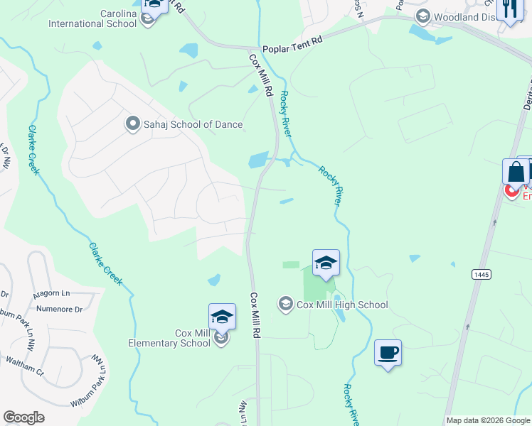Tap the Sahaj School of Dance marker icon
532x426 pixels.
(132, 124)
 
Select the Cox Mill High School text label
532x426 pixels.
(343, 305)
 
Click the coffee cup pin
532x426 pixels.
(388, 353)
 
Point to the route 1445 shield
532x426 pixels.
(480, 273)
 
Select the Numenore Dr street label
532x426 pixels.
(60, 309)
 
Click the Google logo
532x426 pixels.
(23, 417)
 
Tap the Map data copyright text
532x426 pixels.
(489, 420)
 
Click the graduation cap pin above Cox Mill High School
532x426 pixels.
(326, 263)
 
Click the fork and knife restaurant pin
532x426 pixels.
(510, 9)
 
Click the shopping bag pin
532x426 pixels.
(515, 171)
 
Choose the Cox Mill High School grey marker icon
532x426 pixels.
(286, 305)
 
